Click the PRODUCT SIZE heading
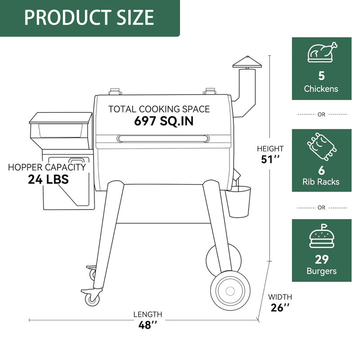(89, 17)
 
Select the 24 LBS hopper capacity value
(48, 179)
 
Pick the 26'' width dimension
(280, 308)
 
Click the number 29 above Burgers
(321, 259)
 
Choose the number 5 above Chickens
(321, 76)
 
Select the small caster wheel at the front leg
(93, 298)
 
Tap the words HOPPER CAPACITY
(47, 167)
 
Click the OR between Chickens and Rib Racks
(321, 115)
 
